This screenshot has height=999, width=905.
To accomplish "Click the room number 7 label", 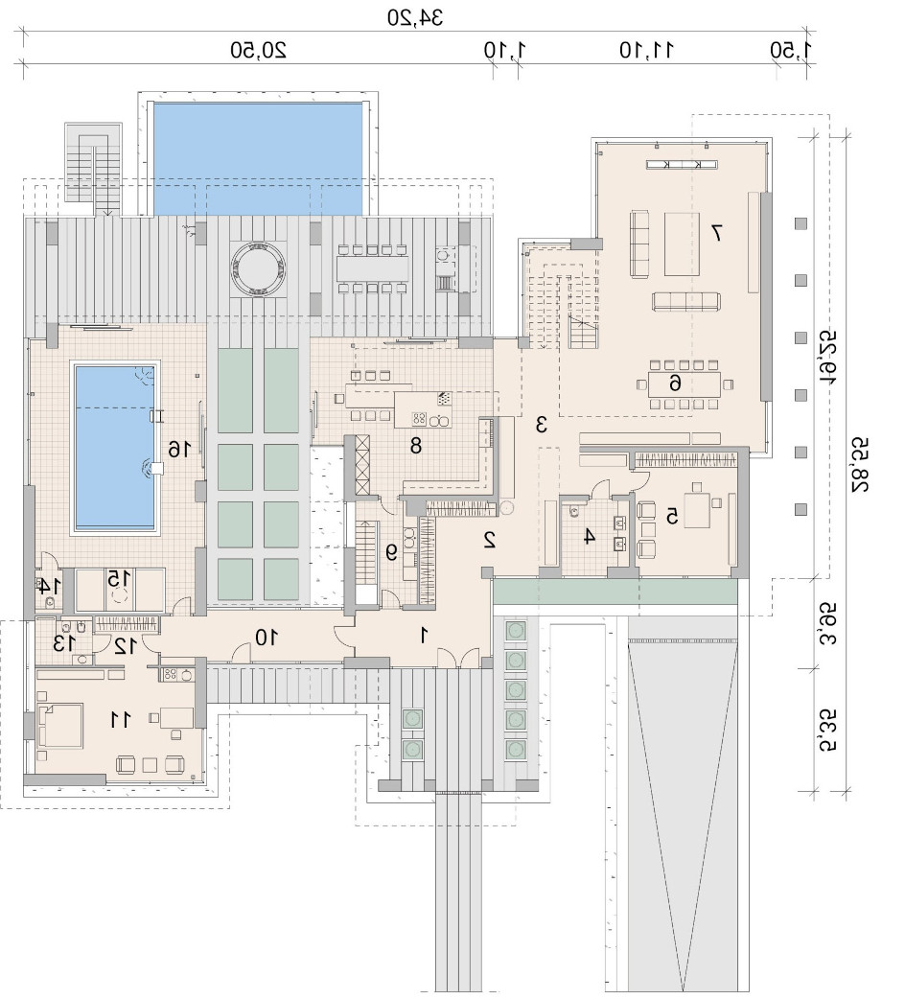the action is (x=716, y=233).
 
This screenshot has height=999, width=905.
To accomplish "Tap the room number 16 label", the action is (x=179, y=450).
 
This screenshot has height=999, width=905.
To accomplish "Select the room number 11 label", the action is (x=120, y=720).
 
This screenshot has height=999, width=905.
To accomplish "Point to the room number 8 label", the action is (x=416, y=446).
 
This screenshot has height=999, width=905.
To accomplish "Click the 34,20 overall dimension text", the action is (x=415, y=18).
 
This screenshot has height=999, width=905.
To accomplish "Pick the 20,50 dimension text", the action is (x=258, y=50).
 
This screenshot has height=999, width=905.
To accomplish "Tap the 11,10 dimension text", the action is (x=646, y=50).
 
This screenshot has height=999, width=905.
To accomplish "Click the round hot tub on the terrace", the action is (x=256, y=268).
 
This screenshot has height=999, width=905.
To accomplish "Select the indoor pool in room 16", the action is (x=115, y=448).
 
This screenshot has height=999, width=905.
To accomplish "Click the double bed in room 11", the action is (x=61, y=725).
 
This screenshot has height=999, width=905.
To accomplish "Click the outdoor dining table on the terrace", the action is (x=373, y=268).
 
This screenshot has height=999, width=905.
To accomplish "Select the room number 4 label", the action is (x=589, y=537).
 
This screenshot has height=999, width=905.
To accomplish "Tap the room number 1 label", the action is (x=424, y=635).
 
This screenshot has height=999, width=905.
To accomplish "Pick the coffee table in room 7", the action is (x=682, y=244).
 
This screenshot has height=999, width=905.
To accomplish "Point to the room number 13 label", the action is (x=65, y=643).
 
